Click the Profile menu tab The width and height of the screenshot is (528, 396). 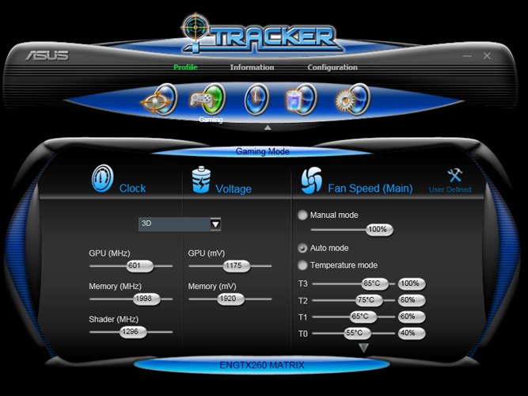[x=185, y=67]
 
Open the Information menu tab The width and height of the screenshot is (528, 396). [x=252, y=67]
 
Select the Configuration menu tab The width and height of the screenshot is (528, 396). [x=332, y=67]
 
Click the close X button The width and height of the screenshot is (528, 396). [x=487, y=56]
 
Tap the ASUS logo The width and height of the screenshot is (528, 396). [x=47, y=56]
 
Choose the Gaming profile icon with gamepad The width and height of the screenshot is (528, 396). [x=207, y=100]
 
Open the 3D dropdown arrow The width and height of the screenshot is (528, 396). [x=215, y=224]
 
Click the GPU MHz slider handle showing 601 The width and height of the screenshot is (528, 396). [x=134, y=266]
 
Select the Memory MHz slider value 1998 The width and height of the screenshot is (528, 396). [x=146, y=299]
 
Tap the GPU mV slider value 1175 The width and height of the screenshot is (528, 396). [x=233, y=266]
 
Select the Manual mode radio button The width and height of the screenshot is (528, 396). [x=302, y=215]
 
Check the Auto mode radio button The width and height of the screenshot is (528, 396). [x=302, y=248]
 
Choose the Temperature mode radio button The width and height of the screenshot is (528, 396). [x=302, y=265]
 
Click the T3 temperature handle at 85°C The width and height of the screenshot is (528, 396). [x=371, y=284]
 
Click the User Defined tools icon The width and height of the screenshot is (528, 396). [x=454, y=176]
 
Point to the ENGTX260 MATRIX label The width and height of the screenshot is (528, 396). [x=261, y=365]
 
